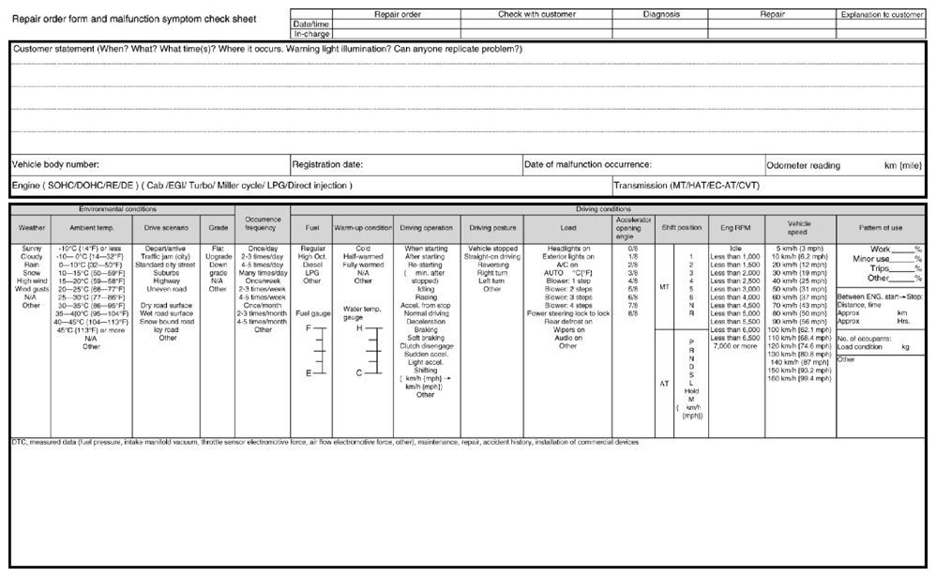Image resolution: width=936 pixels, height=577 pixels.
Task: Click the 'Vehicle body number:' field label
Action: pos(55,163)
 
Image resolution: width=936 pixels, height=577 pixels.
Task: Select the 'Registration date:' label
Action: pos(327,163)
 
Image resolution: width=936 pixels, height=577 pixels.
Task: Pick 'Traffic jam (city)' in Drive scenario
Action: pos(167,255)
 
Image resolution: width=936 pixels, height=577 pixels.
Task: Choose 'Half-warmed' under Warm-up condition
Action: pos(364,255)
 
